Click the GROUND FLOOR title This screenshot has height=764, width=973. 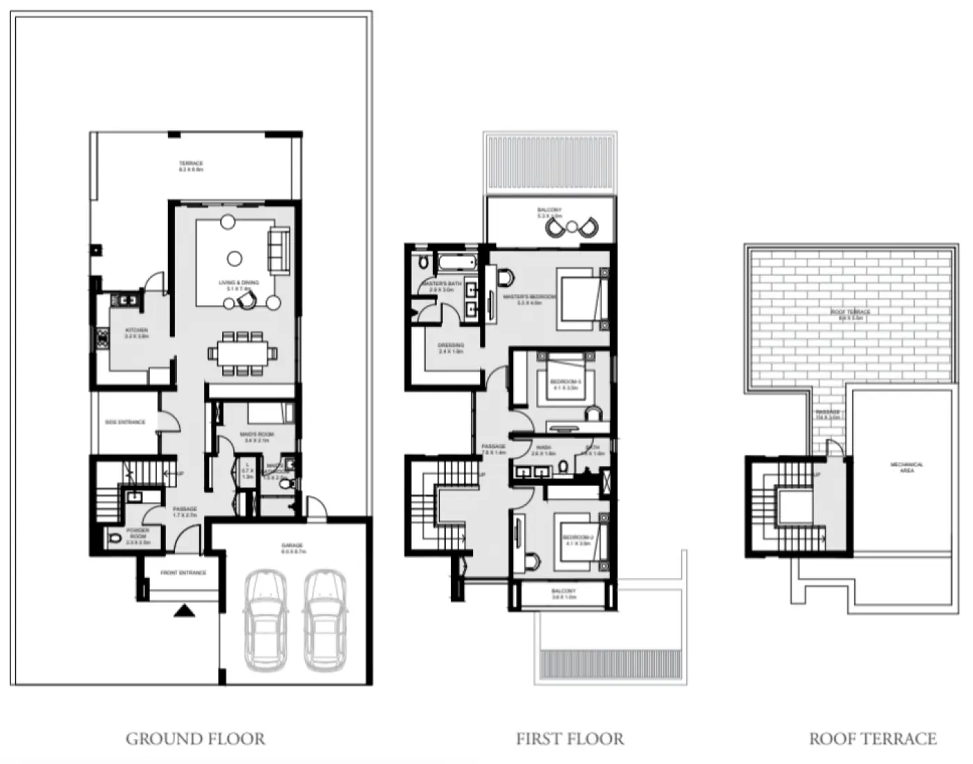click(195, 738)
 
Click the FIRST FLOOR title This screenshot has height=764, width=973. click(569, 738)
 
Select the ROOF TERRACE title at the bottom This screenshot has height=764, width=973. click(872, 738)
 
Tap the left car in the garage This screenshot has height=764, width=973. click(265, 620)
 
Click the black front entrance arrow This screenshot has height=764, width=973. click(184, 611)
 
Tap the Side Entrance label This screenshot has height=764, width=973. click(125, 422)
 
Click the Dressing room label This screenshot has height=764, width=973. click(451, 347)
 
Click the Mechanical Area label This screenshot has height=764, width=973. click(906, 467)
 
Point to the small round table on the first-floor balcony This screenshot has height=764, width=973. click(571, 226)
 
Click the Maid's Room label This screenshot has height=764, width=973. click(256, 436)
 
